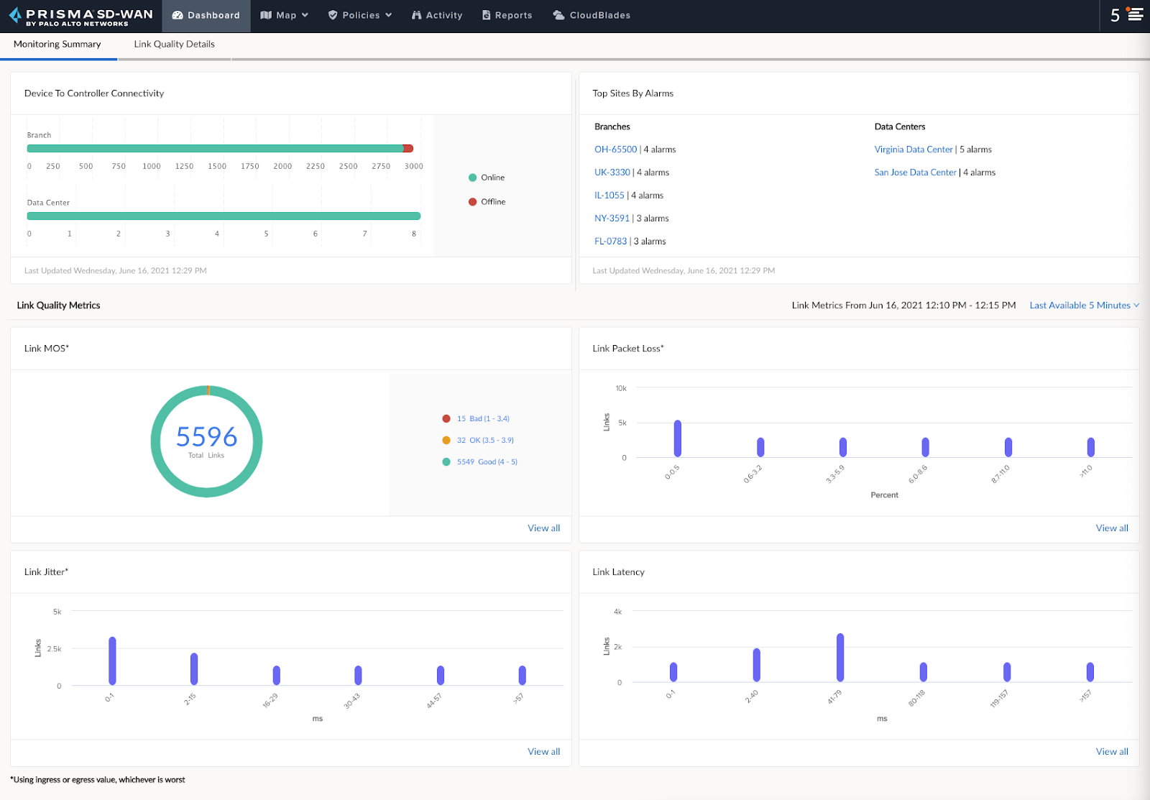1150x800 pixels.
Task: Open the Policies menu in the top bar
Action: point(360,15)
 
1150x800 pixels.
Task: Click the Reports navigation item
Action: point(507,15)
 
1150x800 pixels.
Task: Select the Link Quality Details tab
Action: point(174,44)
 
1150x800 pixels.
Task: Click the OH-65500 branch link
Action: point(615,150)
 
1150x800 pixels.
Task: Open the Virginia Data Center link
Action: point(913,150)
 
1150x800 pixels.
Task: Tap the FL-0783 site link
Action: point(610,242)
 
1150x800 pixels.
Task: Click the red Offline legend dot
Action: point(472,202)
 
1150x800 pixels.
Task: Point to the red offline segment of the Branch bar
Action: point(408,149)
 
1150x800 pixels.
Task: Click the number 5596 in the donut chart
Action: point(206,436)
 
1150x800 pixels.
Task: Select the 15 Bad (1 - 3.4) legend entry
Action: point(482,418)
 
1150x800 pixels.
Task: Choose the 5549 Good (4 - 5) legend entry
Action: point(487,461)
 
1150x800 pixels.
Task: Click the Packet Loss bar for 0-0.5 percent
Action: point(677,438)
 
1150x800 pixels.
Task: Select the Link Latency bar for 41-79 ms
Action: point(839,657)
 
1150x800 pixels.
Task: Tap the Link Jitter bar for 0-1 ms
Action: point(112,661)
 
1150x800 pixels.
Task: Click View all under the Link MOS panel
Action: point(543,528)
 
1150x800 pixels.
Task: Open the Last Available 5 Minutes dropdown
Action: point(1084,305)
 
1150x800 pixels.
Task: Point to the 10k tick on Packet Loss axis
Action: point(620,388)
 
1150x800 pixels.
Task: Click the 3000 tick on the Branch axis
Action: point(413,166)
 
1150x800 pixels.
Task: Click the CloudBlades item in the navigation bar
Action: point(592,15)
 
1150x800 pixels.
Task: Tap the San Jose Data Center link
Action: point(915,173)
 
